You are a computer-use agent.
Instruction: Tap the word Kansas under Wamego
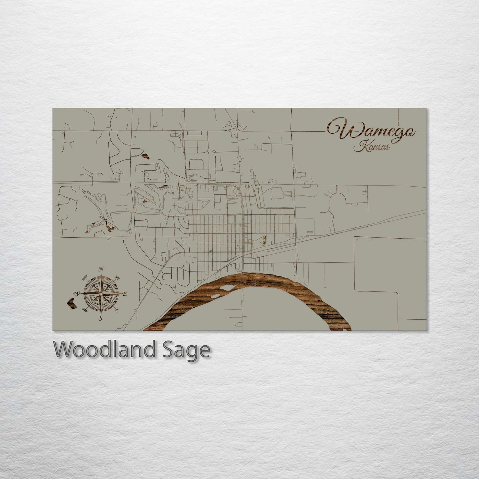[371, 147]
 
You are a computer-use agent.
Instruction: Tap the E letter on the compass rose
[125, 294]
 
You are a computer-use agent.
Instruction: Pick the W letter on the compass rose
[76, 293]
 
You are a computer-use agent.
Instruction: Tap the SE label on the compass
[117, 310]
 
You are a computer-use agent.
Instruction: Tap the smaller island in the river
[215, 295]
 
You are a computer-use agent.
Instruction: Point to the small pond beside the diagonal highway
[264, 239]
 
